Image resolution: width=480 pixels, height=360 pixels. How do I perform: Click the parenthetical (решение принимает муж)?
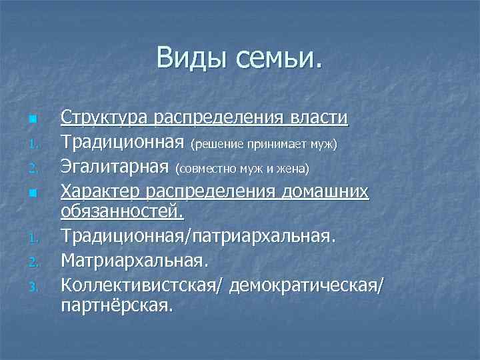[x=264, y=144]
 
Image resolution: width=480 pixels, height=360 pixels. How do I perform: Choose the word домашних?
[x=326, y=192]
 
